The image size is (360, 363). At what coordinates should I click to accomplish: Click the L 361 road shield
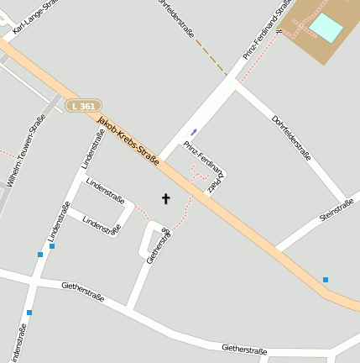tap(84, 106)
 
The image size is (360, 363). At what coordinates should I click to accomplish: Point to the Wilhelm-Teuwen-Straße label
tap(26, 150)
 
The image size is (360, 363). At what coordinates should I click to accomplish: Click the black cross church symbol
tap(165, 199)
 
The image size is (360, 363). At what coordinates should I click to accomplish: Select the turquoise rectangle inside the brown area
tap(326, 29)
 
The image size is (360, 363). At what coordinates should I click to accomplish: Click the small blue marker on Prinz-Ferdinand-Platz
tap(194, 131)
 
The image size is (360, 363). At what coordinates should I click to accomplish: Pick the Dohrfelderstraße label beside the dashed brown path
tap(178, 18)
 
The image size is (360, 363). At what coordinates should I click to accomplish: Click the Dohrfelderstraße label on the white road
tap(291, 137)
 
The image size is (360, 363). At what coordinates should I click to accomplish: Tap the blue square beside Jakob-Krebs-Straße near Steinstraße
tap(326, 279)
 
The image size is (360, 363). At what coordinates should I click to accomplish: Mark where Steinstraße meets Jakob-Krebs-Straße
tap(275, 249)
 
